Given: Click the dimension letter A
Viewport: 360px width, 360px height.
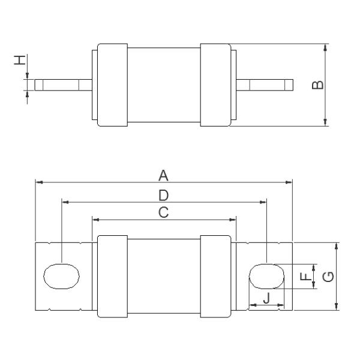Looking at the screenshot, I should point(163,175).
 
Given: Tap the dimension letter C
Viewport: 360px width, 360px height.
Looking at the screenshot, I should point(163,212).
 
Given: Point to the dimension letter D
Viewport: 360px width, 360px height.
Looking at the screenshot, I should point(163,195).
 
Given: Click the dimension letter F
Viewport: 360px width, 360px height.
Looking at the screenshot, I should point(305,276).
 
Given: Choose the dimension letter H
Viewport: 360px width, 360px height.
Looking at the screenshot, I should point(20,60).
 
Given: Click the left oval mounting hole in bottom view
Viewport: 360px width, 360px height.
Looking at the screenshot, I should point(62,277).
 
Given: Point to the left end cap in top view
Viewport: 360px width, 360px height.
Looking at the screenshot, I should point(112,85).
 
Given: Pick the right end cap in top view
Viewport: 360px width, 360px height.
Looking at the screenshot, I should point(215,85).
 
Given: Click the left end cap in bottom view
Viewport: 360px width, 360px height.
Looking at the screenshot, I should point(112,277).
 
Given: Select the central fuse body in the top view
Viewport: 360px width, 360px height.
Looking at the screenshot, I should point(163,85).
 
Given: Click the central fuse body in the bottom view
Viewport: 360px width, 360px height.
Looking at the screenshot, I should point(163,277).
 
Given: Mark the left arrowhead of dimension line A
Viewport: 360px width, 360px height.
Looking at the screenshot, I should point(38,181).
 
